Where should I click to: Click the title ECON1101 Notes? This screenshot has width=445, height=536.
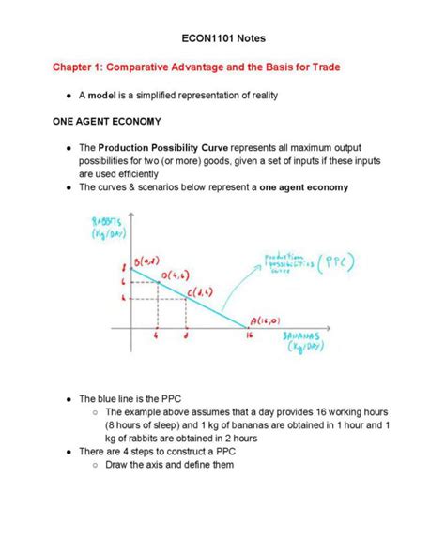tap(222, 40)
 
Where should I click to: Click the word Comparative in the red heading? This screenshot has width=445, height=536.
tap(144, 68)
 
